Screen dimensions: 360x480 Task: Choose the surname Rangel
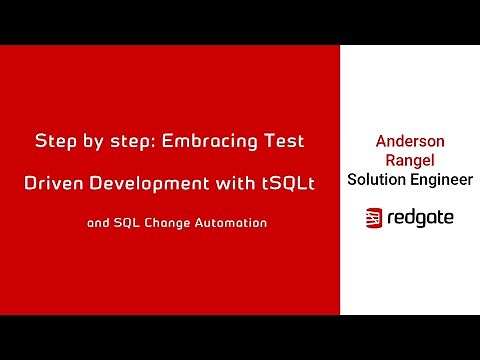[409, 161]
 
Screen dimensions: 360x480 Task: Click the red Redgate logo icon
[374, 217]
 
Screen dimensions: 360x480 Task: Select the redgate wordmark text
[420, 217]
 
